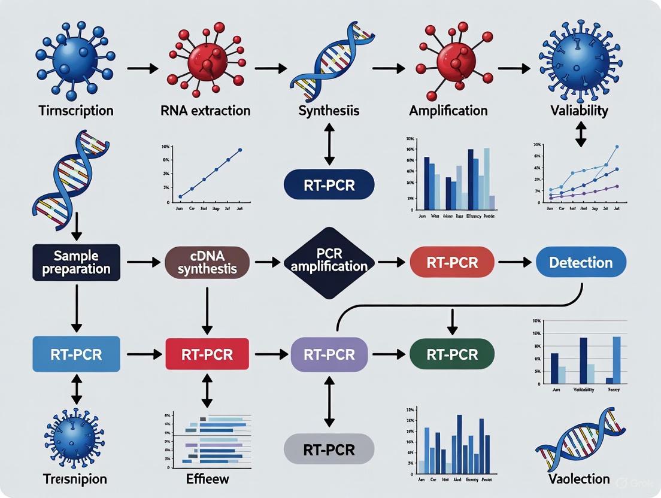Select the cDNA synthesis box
point(207,262)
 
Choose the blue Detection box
point(580,262)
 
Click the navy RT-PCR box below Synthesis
point(329,185)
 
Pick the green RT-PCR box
point(452,354)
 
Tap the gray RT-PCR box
point(329,448)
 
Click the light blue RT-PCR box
point(75,354)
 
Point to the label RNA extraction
point(205,111)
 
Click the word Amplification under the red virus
point(448,111)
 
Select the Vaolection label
point(579,479)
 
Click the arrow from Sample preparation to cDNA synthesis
point(142,262)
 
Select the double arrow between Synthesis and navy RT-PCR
point(329,144)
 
